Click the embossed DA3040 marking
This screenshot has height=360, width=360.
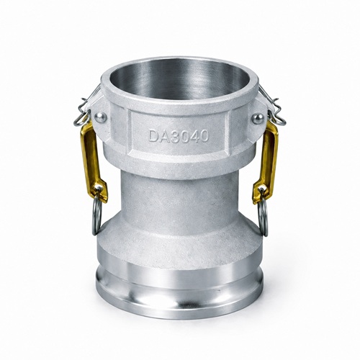[179, 136]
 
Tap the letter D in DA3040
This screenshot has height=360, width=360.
[153, 136]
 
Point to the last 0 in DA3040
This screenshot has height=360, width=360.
[204, 136]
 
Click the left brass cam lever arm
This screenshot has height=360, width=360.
[92, 161]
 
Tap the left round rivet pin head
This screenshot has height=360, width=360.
[101, 117]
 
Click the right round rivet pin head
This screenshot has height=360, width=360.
[258, 118]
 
